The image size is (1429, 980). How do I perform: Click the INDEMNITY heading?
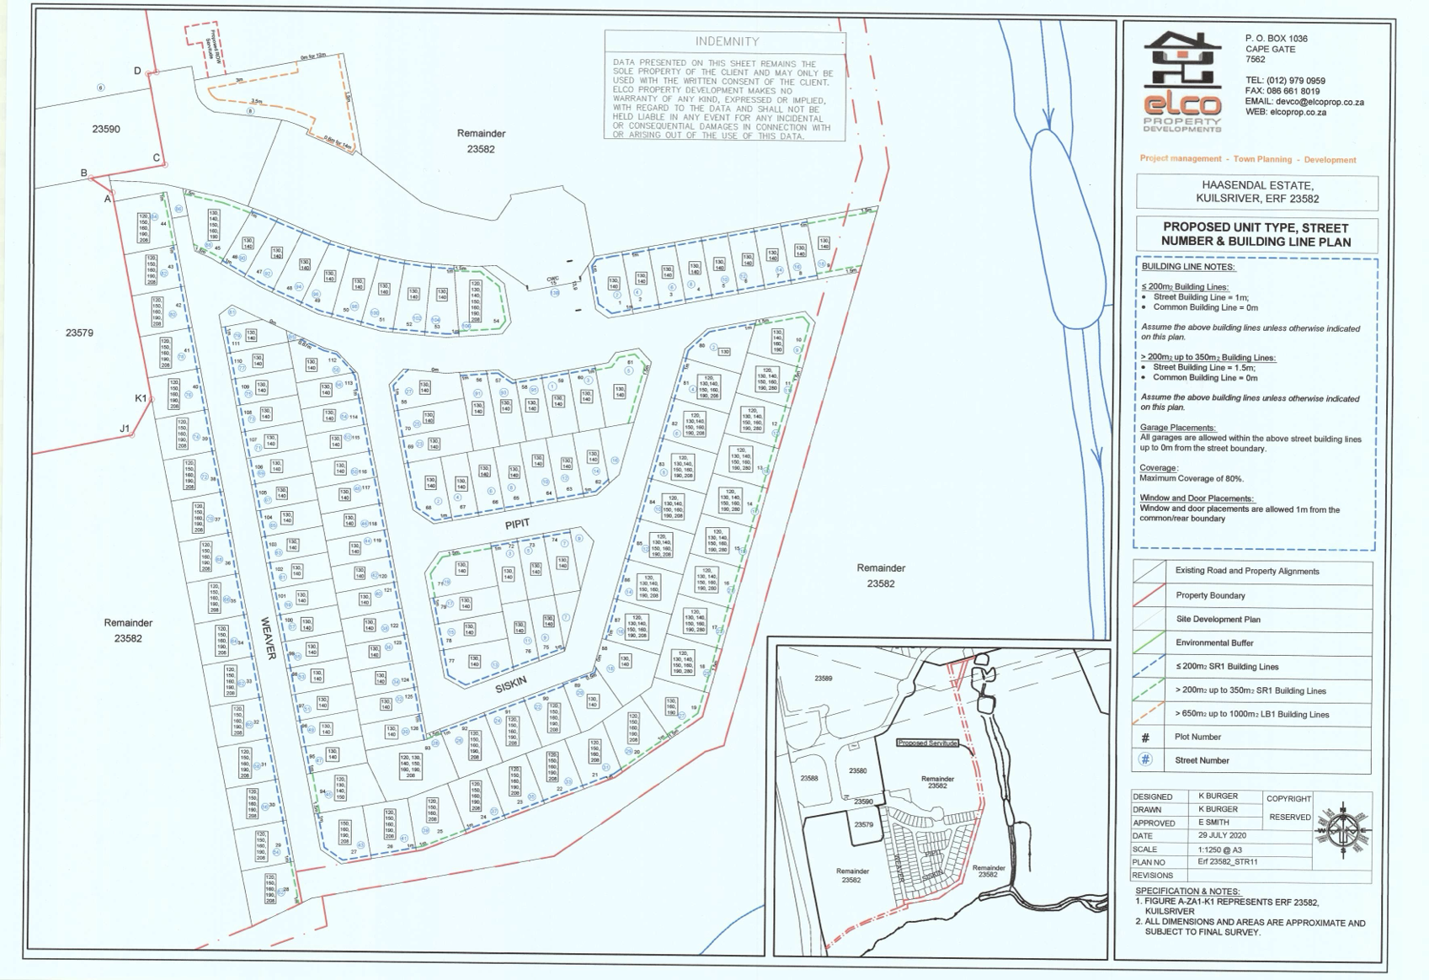[727, 41]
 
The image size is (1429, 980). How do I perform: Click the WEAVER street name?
[268, 637]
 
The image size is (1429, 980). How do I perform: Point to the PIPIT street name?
[517, 524]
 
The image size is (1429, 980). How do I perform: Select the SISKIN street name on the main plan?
[510, 685]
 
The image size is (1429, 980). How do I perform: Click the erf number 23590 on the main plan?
[106, 129]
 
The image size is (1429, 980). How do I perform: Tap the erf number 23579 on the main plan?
[79, 333]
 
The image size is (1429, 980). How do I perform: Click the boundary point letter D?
[137, 71]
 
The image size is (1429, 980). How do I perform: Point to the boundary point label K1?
[141, 398]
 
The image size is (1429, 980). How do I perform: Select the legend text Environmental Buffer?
[1214, 642]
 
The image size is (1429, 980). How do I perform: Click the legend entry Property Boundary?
[1210, 595]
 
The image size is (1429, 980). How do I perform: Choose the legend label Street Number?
[1202, 760]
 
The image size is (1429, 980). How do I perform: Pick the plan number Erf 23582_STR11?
[1227, 862]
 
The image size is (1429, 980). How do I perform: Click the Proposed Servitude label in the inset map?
[927, 743]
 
